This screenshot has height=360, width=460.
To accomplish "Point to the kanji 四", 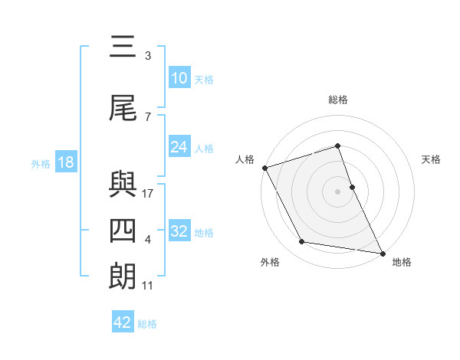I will (123, 231).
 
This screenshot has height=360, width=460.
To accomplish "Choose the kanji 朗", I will (123, 277).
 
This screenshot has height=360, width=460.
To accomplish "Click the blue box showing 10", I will (179, 78).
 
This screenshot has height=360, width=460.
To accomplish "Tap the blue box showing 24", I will (179, 147).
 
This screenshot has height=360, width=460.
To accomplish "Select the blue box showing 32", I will (179, 231).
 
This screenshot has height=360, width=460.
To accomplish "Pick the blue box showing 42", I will (123, 322).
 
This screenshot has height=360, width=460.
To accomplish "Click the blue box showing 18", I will (65, 162).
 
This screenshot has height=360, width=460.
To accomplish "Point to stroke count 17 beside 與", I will (148, 194).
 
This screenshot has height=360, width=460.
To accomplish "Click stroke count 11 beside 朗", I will (148, 286).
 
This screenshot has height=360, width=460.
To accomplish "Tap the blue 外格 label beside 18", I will (41, 163).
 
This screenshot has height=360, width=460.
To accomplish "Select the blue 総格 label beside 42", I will (147, 323).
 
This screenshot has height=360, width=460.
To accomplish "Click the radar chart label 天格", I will (432, 159).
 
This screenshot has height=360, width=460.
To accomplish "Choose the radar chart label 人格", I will (245, 159).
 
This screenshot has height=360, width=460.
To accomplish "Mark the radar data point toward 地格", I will (382, 253).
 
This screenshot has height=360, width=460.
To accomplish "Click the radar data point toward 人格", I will (264, 167).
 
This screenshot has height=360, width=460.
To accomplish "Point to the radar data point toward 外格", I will (302, 243).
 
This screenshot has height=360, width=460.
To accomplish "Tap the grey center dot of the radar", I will (337, 191).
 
